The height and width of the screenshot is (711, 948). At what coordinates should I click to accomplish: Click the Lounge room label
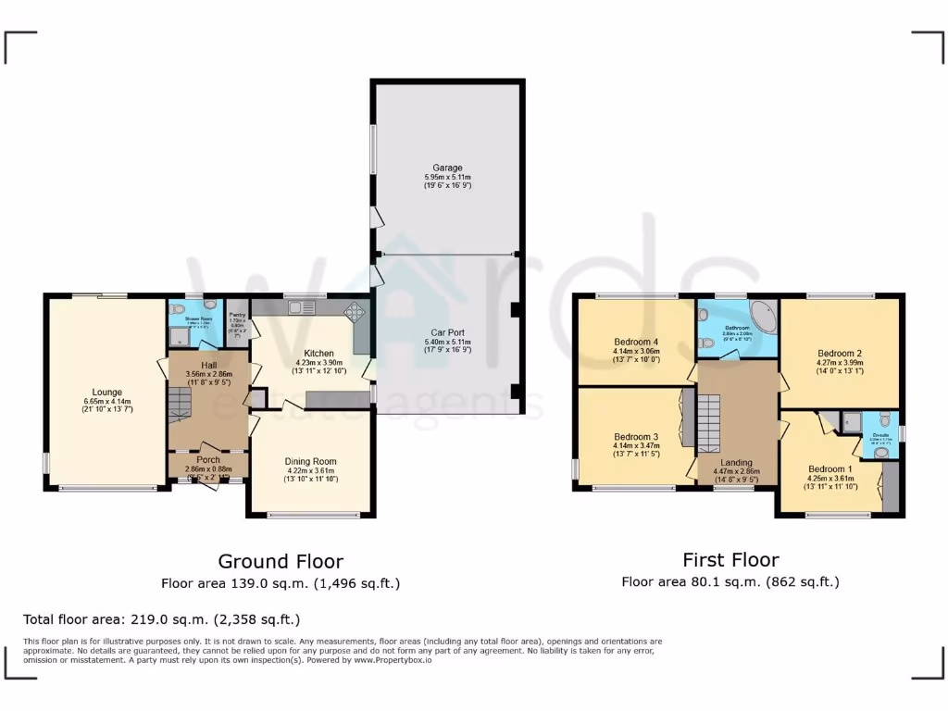point(106,392)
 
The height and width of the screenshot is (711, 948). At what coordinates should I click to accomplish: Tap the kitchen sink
point(306,307)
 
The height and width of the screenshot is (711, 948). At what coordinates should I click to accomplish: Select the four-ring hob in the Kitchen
point(355,312)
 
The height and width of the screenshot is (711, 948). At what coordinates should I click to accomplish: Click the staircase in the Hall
point(181,404)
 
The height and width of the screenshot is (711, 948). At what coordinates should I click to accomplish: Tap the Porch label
point(208,459)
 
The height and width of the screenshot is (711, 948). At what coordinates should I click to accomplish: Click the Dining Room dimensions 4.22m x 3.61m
point(310,470)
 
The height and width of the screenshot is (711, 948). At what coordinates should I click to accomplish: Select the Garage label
point(447,168)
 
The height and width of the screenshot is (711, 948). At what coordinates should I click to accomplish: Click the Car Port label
point(447,331)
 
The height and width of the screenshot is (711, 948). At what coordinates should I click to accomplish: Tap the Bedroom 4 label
point(635,342)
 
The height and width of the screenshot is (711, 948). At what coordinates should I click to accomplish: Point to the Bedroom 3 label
point(635,436)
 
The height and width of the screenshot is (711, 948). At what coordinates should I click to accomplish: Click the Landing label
point(736,462)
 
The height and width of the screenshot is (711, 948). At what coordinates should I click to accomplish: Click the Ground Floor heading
point(281,561)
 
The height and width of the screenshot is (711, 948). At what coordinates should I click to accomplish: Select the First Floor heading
point(730,559)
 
